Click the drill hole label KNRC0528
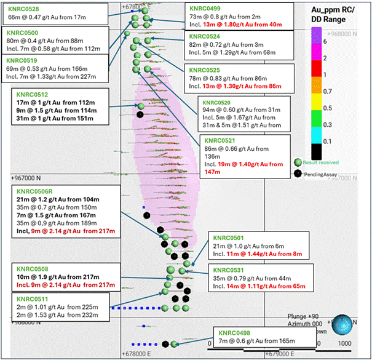pos(23,9)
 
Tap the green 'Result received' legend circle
pos(298,162)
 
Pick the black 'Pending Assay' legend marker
pos(298,174)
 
